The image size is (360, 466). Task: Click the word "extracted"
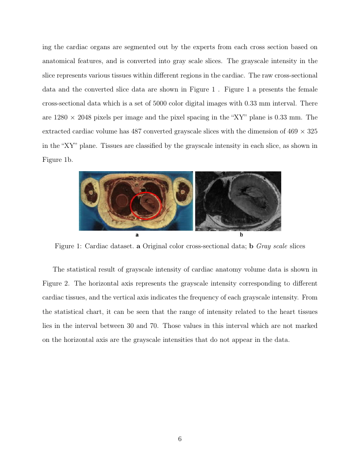(x=57, y=132)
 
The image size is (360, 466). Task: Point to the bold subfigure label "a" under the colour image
(x=137, y=234)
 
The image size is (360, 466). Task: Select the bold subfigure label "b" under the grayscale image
(x=241, y=234)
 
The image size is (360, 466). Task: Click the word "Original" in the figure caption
(x=156, y=246)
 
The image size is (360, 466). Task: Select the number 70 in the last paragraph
(x=155, y=326)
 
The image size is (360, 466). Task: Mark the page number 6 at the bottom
(x=180, y=439)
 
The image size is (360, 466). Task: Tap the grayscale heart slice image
(x=238, y=201)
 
